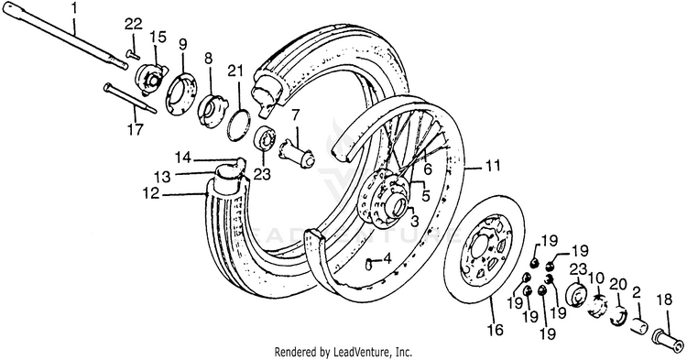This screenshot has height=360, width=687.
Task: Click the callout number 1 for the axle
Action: pyautogui.click(x=74, y=9)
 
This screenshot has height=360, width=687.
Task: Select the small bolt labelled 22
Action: pyautogui.click(x=132, y=54)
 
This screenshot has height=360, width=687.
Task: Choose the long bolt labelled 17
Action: pyautogui.click(x=129, y=100)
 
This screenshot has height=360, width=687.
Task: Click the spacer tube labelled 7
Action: pyautogui.click(x=297, y=153)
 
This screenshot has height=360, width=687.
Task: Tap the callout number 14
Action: pyautogui.click(x=183, y=157)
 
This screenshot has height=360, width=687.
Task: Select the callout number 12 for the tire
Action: pyautogui.click(x=151, y=192)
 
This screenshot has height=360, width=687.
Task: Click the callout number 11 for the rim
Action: pyautogui.click(x=492, y=166)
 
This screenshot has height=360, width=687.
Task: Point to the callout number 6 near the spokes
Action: pyautogui.click(x=428, y=169)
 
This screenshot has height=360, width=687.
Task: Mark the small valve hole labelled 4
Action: pyautogui.click(x=369, y=264)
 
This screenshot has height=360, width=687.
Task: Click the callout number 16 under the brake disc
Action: pyautogui.click(x=496, y=330)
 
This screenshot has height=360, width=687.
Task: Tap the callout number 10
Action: pyautogui.click(x=596, y=278)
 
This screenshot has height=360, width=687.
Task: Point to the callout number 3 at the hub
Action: pyautogui.click(x=413, y=222)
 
